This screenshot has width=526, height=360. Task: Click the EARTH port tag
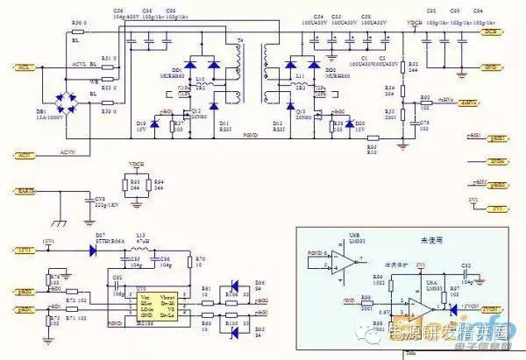point(26,190)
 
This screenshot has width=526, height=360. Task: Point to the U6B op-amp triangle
point(348,263)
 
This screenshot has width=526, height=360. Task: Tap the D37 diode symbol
point(93,248)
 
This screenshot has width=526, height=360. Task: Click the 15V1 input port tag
point(25,250)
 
